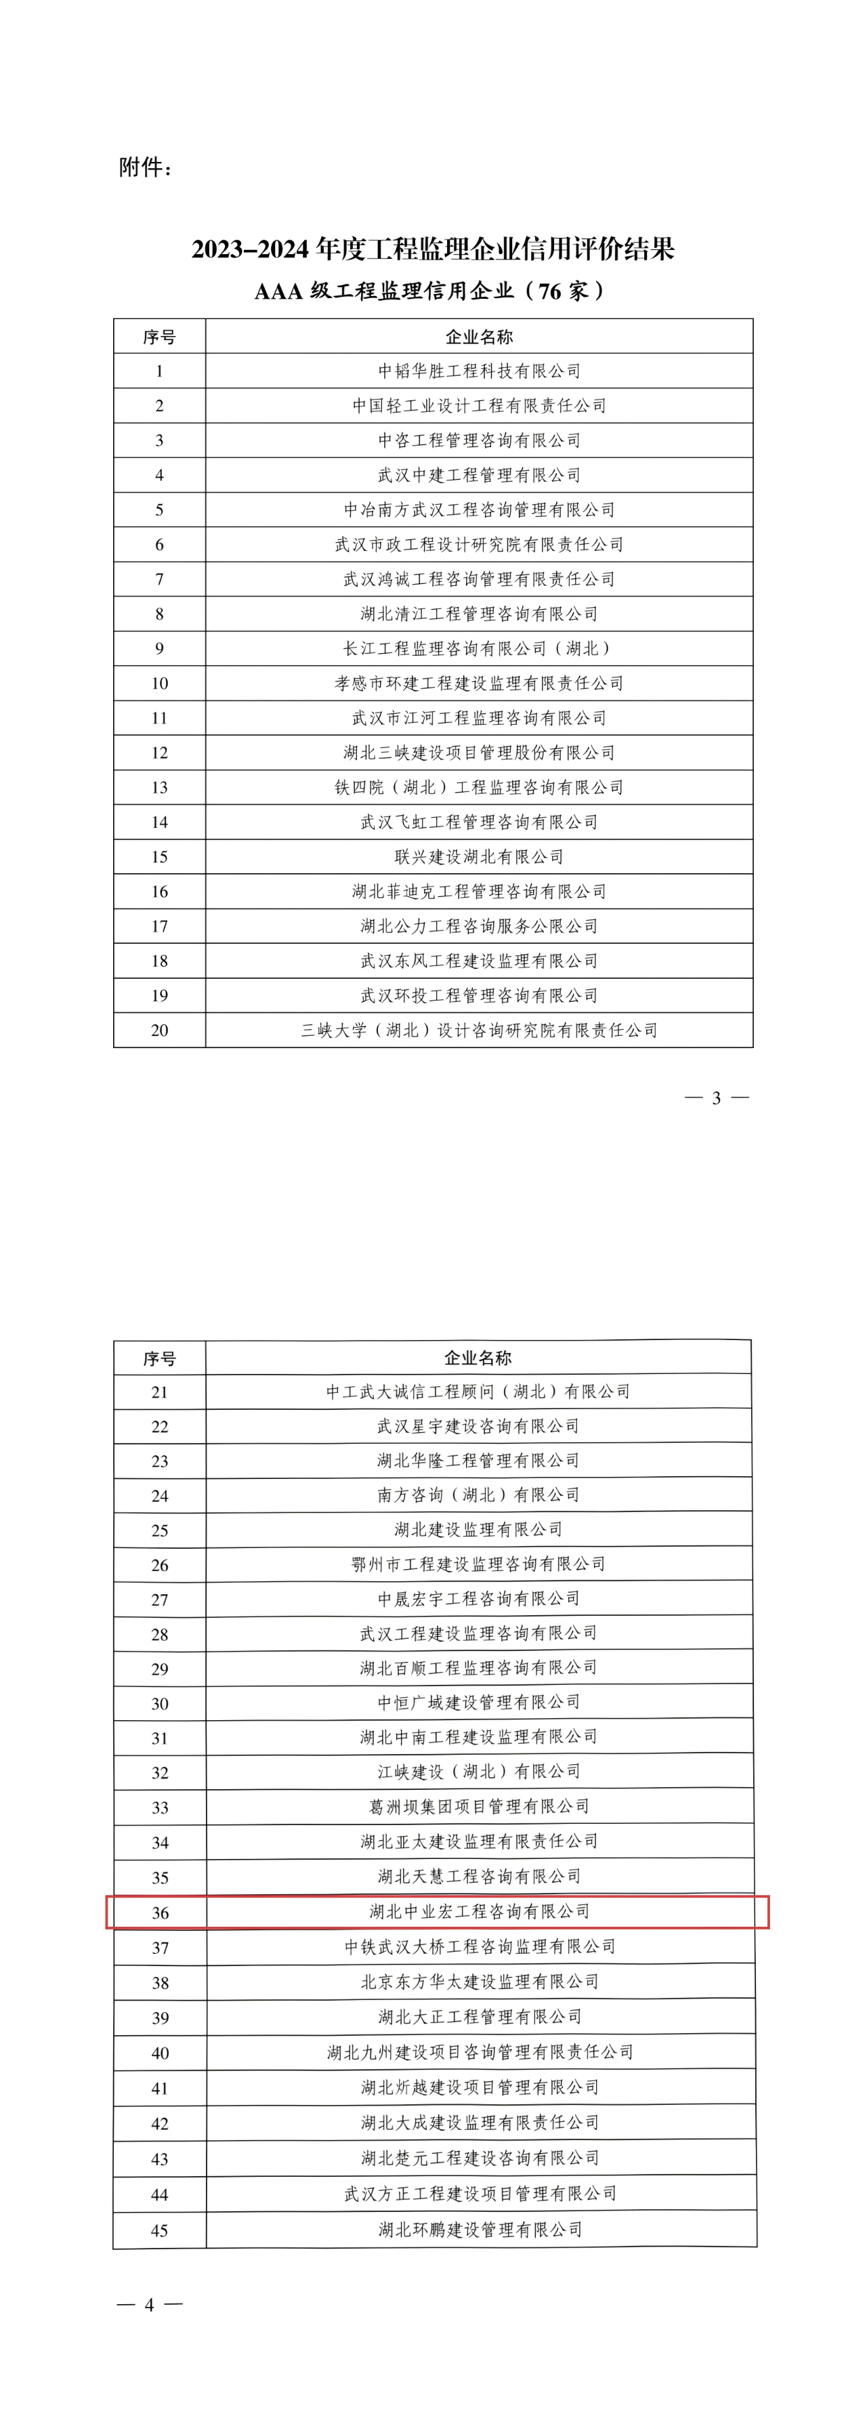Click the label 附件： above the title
pyautogui.click(x=146, y=167)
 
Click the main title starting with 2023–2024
pyautogui.click(x=433, y=249)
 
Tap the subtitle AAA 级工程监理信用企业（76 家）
pyautogui.click(x=431, y=291)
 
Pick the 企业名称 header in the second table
pyautogui.click(x=478, y=1358)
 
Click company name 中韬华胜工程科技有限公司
pyautogui.click(x=479, y=371)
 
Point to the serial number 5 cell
pyautogui.click(x=159, y=509)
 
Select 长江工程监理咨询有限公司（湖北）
pyautogui.click(x=479, y=648)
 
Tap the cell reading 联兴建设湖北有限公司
pyautogui.click(x=479, y=856)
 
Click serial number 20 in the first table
pyautogui.click(x=159, y=1030)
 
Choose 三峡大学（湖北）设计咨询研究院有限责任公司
pyautogui.click(x=479, y=1030)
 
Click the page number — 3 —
pyautogui.click(x=717, y=1098)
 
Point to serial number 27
pyautogui.click(x=160, y=1600)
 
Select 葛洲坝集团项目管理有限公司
pyautogui.click(x=479, y=1806)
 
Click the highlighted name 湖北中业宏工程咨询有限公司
pyautogui.click(x=480, y=1911)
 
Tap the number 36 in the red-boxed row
pyautogui.click(x=160, y=1913)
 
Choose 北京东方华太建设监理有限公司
pyautogui.click(x=480, y=1982)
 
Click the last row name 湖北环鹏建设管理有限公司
pyautogui.click(x=480, y=2229)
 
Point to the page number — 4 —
pyautogui.click(x=150, y=2305)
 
